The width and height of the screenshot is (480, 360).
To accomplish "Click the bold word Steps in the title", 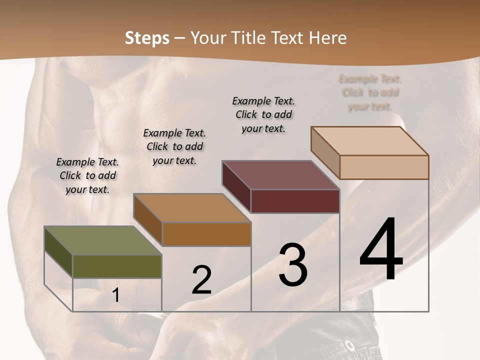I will (147, 38).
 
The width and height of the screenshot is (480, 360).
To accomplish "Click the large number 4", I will (381, 249).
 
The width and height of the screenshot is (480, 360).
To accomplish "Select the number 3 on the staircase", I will (293, 265).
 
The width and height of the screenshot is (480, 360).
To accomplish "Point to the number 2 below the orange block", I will (201, 280).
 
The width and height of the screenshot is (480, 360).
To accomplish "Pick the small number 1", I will (115, 295).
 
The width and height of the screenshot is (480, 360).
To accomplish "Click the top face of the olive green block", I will (102, 240).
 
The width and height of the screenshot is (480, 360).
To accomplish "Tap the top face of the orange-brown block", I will (191, 207).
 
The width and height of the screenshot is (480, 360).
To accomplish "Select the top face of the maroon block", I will (280, 174).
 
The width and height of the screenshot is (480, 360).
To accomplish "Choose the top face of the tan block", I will (369, 140).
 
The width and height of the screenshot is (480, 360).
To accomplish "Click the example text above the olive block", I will (87, 175).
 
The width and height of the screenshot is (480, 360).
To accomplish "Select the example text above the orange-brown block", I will (174, 146).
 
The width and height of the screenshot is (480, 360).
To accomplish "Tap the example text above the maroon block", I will (263, 114).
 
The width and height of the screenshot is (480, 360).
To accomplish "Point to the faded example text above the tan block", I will (370, 92).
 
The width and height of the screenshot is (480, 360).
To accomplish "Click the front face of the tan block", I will (384, 167).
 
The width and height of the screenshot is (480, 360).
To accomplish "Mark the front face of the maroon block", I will (295, 201).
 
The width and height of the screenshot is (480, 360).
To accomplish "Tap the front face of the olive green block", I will (117, 266).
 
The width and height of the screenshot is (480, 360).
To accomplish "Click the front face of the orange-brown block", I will (206, 234).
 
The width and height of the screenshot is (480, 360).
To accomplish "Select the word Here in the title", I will (328, 38).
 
